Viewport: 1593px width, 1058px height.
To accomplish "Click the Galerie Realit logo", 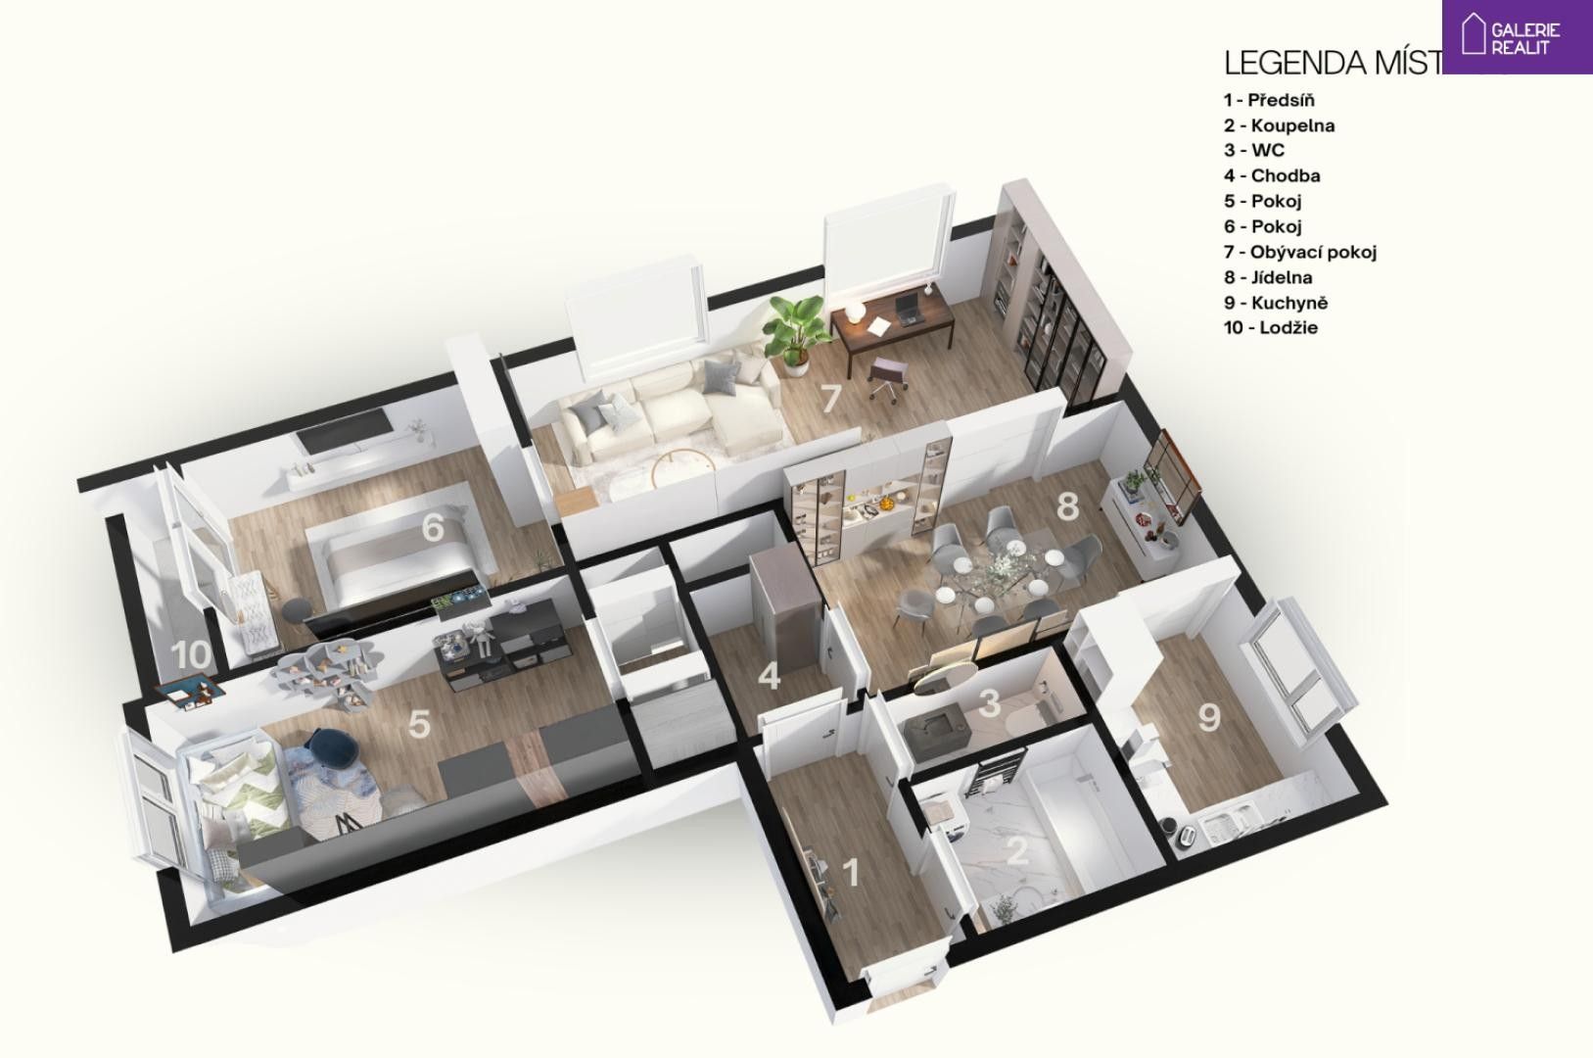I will click(1516, 36).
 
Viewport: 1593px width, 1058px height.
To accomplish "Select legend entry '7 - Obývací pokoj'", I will click(1300, 252).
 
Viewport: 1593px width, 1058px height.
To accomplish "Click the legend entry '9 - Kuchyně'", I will click(1276, 303).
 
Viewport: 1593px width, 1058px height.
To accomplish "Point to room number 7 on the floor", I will click(830, 399).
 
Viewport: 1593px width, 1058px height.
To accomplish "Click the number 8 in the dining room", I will click(1067, 506).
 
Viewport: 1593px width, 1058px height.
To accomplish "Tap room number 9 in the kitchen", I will click(1209, 717).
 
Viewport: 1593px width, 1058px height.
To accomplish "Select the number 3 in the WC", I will click(990, 702).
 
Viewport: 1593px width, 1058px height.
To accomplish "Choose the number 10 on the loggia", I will click(193, 653).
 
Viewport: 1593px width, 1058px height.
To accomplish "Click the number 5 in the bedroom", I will click(419, 724).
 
